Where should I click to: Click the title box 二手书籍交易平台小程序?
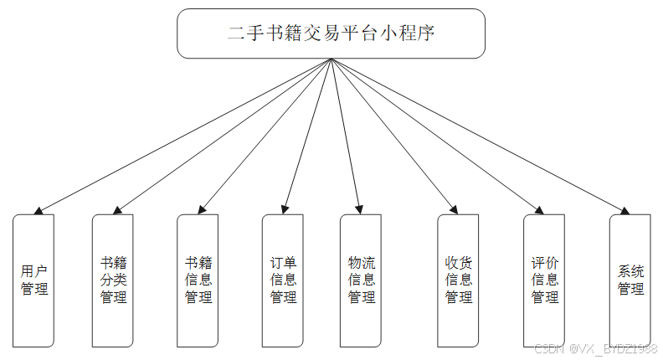(x=331, y=33)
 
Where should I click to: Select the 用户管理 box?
(x=34, y=280)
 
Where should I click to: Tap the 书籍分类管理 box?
(x=113, y=280)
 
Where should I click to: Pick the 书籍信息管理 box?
(x=198, y=280)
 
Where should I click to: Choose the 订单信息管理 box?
(x=283, y=280)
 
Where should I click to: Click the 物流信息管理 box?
(x=361, y=280)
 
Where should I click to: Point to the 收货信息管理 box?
(x=458, y=280)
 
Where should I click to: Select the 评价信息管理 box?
(x=544, y=280)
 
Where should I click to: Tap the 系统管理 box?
(x=630, y=280)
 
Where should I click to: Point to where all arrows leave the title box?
(x=331, y=59)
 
